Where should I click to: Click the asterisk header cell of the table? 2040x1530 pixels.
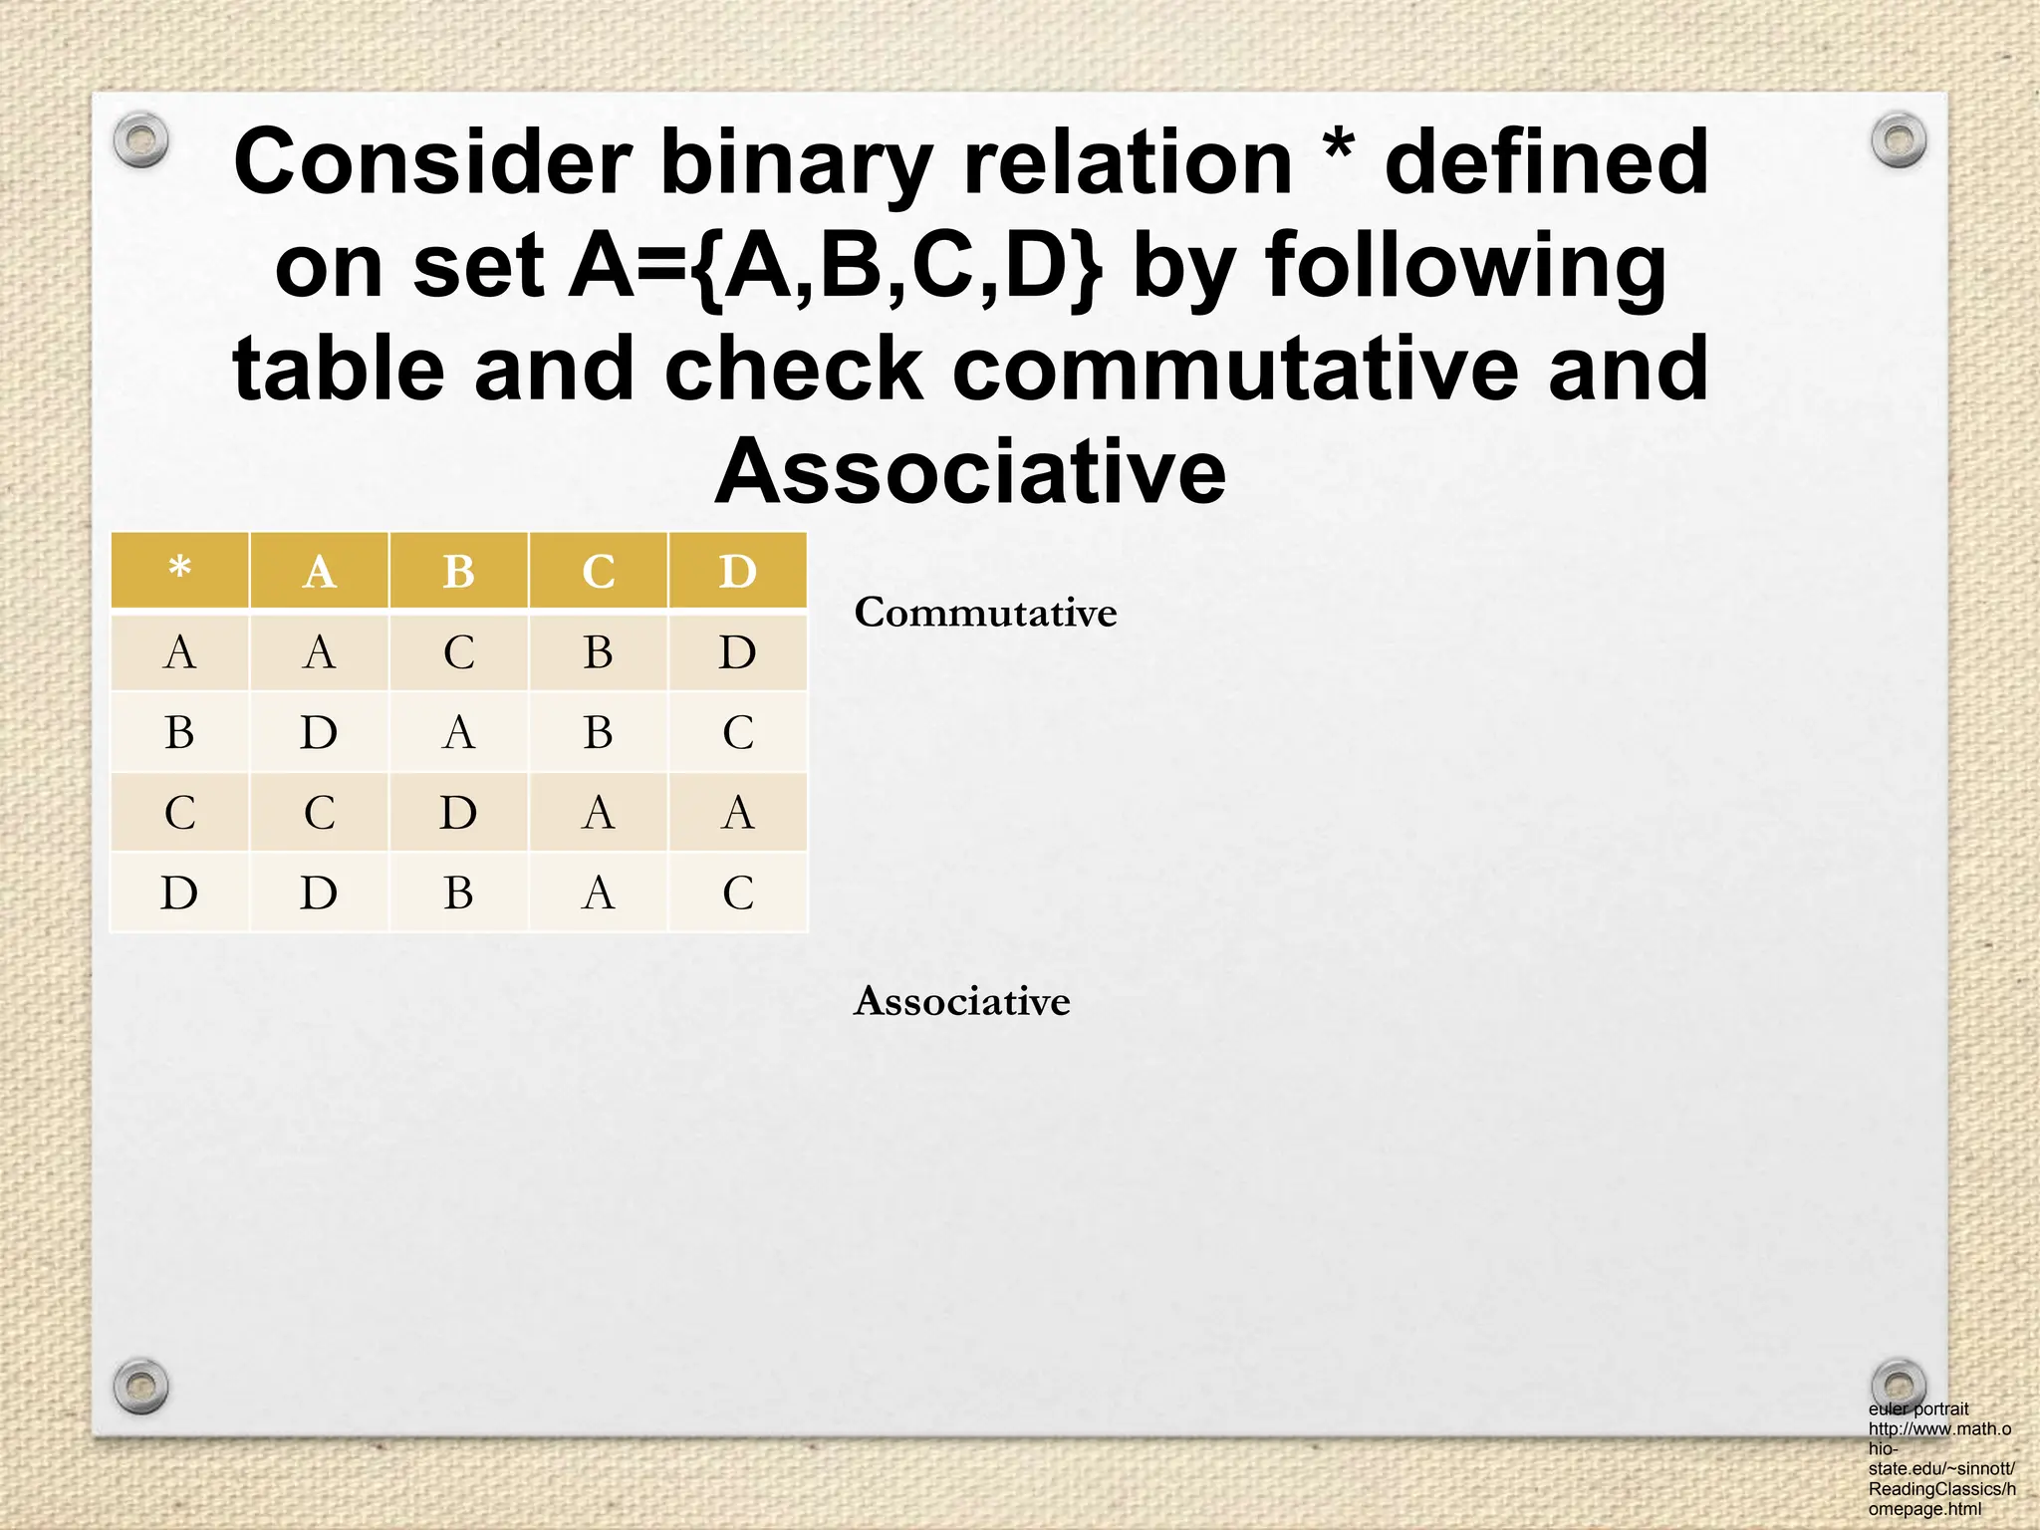[179, 571]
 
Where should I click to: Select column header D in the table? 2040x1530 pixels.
[737, 571]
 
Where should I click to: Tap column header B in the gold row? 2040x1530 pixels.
[458, 571]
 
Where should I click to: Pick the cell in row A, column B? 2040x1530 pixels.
[458, 652]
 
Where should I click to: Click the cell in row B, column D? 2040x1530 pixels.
[737, 733]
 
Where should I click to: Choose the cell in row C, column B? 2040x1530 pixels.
[458, 813]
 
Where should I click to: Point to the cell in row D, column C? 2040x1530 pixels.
[598, 892]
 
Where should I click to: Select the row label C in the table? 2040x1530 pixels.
[179, 813]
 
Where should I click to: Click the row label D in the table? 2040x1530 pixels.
[179, 892]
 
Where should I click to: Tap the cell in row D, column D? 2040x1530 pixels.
[737, 892]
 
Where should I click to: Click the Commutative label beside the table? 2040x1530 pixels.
[985, 613]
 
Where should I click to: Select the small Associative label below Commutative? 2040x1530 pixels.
[961, 1001]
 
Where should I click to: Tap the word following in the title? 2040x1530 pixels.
[1465, 267]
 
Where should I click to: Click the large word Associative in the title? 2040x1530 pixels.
[970, 472]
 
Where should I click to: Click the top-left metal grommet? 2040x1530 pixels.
[140, 140]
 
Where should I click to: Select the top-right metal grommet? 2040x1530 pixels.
[1898, 140]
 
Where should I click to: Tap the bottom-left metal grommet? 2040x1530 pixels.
[140, 1385]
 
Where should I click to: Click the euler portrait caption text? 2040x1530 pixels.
[1940, 1458]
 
